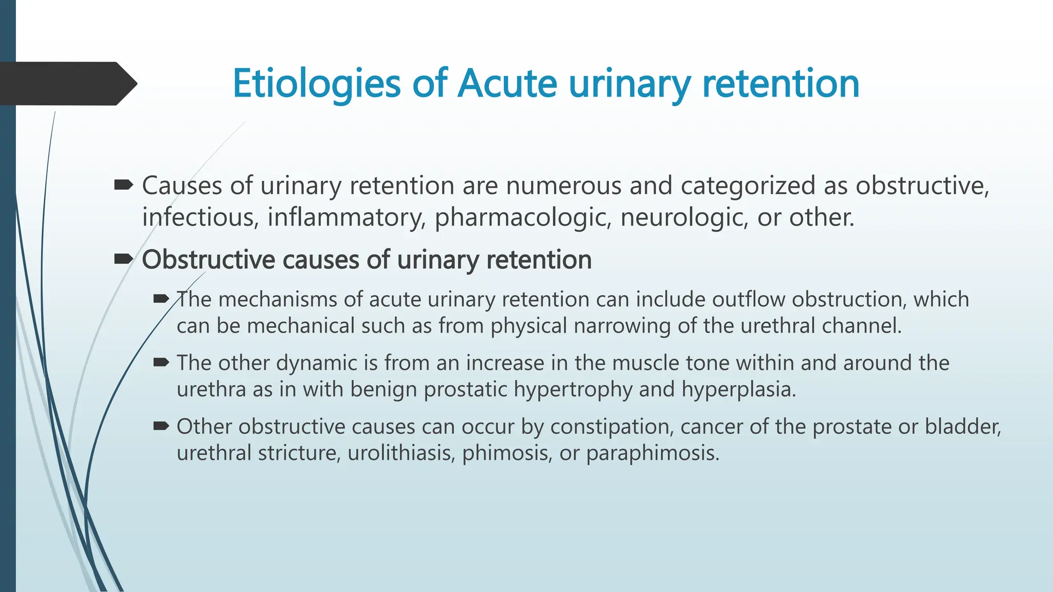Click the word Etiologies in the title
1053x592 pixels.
[316, 84]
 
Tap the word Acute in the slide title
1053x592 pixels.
[507, 84]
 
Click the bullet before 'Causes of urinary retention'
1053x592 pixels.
[123, 185]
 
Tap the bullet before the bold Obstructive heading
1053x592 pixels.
[123, 259]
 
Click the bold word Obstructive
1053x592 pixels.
[208, 260]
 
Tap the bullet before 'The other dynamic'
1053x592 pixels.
[161, 363]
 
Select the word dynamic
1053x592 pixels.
[316, 364]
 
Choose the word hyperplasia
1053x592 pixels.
[738, 390]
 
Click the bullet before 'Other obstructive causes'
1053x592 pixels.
[161, 426]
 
